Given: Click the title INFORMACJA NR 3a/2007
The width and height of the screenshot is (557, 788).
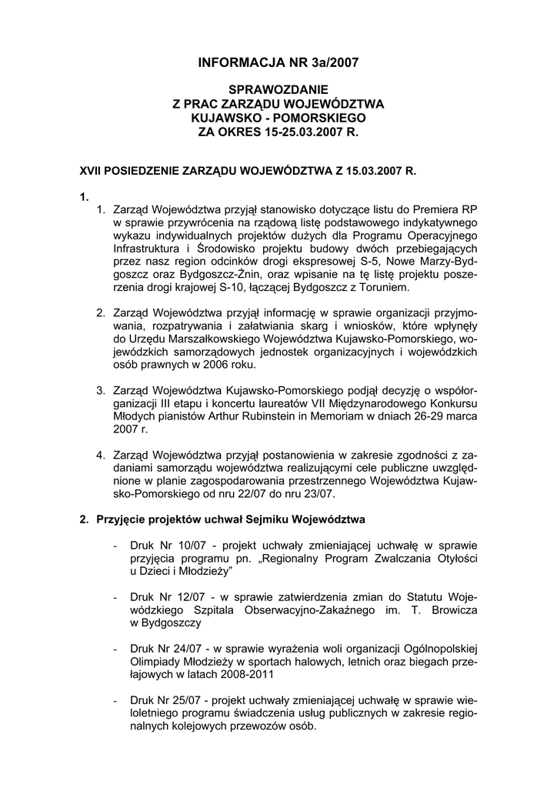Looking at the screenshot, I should pyautogui.click(x=278, y=61).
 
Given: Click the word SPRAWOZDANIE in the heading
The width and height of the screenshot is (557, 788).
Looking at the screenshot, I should pyautogui.click(x=278, y=89).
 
